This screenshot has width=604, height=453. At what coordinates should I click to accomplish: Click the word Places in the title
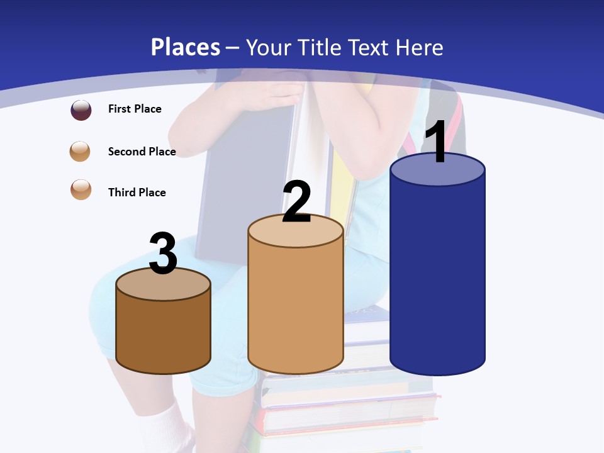tap(186, 47)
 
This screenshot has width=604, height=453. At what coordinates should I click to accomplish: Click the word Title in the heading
tap(320, 47)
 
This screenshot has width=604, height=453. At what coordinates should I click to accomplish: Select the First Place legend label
tap(135, 109)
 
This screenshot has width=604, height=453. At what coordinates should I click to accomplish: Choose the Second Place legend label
tap(142, 151)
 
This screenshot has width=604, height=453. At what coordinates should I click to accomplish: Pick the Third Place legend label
tap(137, 193)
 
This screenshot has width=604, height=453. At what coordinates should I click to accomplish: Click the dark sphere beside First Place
tap(81, 110)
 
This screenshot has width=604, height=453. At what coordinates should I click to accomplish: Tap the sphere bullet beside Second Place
tap(81, 152)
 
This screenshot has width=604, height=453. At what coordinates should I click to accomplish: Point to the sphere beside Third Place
tap(81, 189)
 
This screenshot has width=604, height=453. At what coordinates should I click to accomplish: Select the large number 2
tap(296, 201)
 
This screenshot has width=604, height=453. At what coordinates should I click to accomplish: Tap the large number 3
tap(163, 253)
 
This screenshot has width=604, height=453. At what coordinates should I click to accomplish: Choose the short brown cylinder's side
tap(163, 333)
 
